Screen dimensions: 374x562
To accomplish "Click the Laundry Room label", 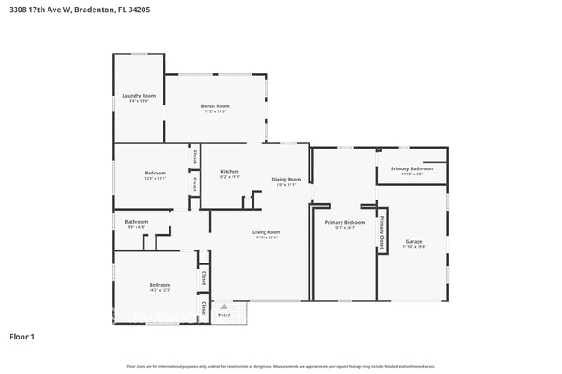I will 138,95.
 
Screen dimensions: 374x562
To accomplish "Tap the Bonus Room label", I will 215,105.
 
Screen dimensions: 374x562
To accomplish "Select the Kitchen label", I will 229,171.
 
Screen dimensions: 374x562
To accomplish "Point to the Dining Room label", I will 286,179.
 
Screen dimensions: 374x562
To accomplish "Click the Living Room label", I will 266,231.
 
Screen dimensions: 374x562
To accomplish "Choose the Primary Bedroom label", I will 345,222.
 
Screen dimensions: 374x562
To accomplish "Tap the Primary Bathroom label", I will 412,168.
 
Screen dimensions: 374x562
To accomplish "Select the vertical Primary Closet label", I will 381,231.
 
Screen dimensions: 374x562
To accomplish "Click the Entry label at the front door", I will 224,315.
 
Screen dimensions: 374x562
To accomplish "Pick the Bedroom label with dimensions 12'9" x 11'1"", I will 155,173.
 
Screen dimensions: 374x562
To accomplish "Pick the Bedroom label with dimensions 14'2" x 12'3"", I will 159,285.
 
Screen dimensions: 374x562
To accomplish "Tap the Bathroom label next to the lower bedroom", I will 137,221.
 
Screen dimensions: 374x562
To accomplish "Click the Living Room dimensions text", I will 266,238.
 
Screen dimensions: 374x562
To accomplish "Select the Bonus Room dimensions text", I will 215,111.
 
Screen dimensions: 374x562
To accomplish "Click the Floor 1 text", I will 22,336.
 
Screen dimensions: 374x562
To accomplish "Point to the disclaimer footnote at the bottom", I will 281,366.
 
